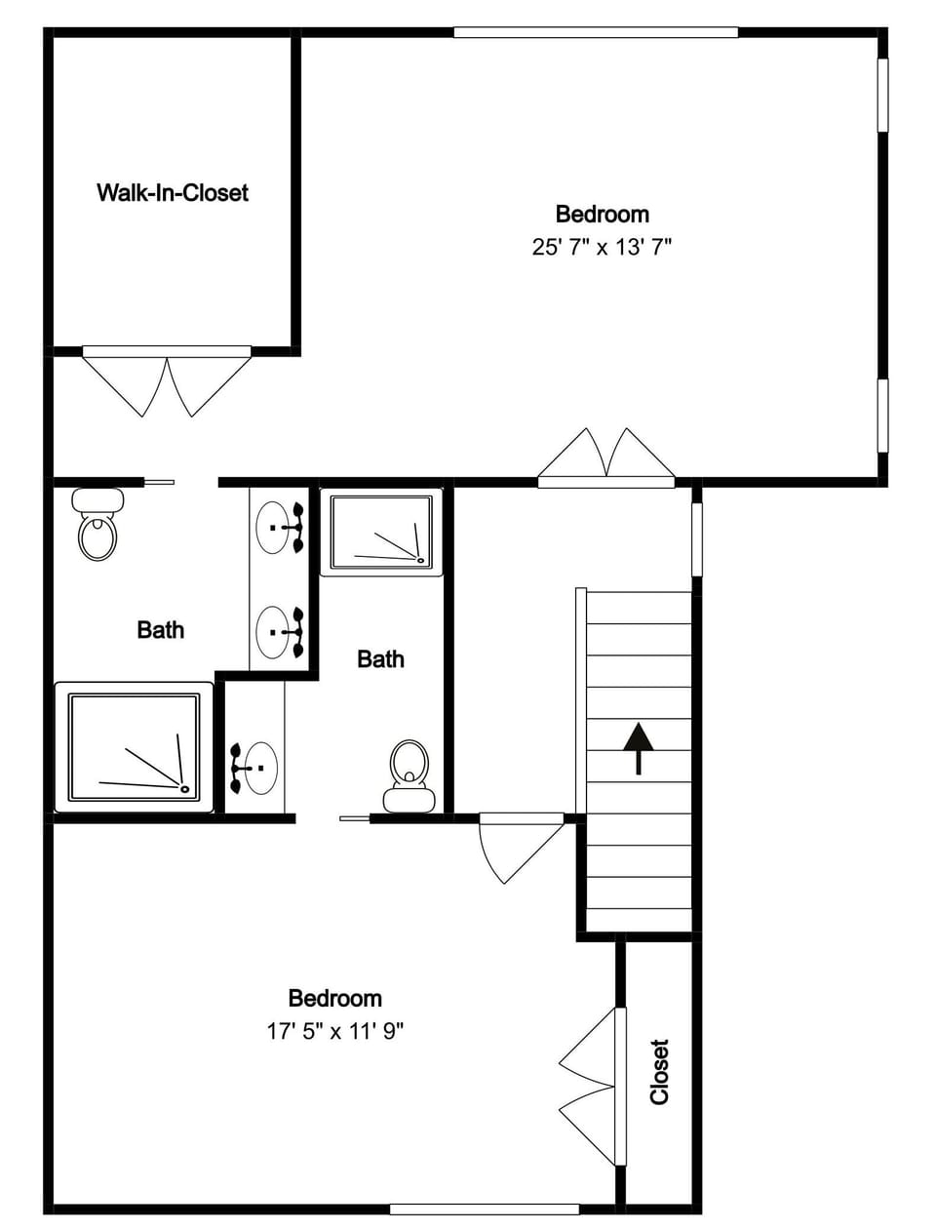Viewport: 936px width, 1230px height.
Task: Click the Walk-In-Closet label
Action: click(172, 192)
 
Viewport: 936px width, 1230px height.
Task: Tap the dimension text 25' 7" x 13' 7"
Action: click(602, 247)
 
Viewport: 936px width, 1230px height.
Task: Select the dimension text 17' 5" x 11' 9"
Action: click(334, 1031)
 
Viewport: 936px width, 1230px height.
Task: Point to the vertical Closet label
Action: click(660, 1071)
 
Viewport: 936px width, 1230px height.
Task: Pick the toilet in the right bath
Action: click(409, 776)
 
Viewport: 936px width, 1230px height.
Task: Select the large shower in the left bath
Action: click(134, 747)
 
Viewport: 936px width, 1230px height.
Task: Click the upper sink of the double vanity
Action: click(274, 528)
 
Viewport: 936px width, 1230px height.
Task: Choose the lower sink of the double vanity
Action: click(274, 632)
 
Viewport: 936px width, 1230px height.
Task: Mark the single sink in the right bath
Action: click(258, 767)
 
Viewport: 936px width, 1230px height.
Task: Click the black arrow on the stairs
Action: click(638, 747)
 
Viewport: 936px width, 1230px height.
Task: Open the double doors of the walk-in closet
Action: click(167, 382)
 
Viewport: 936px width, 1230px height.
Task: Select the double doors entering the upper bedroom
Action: click(606, 457)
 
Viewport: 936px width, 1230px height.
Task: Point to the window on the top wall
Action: click(595, 32)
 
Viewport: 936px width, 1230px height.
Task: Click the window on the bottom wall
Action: click(485, 1210)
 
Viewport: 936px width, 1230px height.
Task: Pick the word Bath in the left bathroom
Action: click(160, 630)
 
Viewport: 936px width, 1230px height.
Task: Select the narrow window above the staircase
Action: click(696, 539)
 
